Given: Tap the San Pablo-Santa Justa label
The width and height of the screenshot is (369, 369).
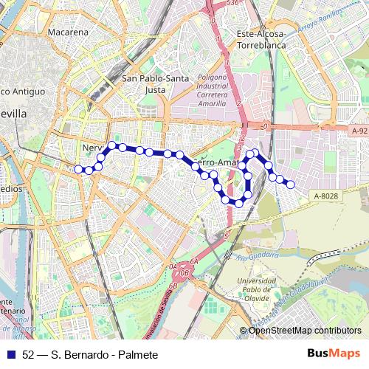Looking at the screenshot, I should tap(155, 83).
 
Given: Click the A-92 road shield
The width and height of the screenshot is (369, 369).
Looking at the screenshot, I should tap(359, 131).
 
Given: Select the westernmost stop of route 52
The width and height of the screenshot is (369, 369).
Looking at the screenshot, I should tap(78, 169).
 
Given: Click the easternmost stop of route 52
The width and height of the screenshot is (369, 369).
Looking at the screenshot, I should tap(290, 184).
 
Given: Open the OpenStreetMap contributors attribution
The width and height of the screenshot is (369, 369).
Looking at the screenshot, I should tap(305, 330).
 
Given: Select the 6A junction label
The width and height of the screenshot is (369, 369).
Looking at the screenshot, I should tap(194, 262).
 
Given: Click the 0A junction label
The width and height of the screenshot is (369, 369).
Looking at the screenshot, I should tap(173, 266).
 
